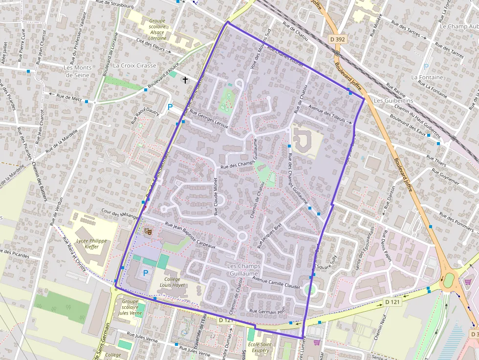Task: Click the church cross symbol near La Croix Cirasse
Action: click(x=185, y=79)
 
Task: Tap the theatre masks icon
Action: click(x=148, y=229)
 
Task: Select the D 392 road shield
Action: click(x=338, y=38)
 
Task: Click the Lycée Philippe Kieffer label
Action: click(x=91, y=244)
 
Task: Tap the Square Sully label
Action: click(x=327, y=264)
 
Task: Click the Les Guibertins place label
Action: click(x=393, y=100)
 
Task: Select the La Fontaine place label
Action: click(x=427, y=77)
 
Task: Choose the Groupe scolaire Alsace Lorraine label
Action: click(x=157, y=29)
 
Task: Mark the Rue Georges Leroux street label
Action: click(x=209, y=119)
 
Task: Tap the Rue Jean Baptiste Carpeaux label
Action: click(x=190, y=235)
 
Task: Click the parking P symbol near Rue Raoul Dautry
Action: click(x=170, y=107)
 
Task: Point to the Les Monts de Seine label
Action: click(x=77, y=71)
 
